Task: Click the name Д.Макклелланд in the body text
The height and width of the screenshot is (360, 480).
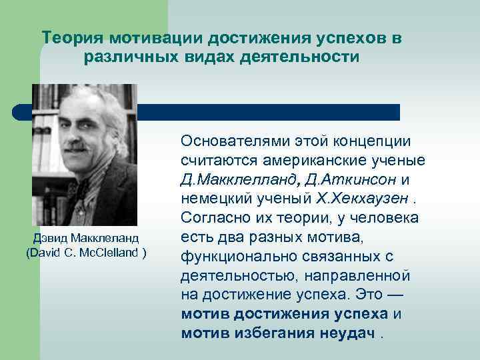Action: pyautogui.click(x=235, y=179)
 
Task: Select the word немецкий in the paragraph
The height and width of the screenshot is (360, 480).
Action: pyautogui.click(x=214, y=199)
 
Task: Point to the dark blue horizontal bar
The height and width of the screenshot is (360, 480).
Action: pyautogui.click(x=267, y=112)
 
